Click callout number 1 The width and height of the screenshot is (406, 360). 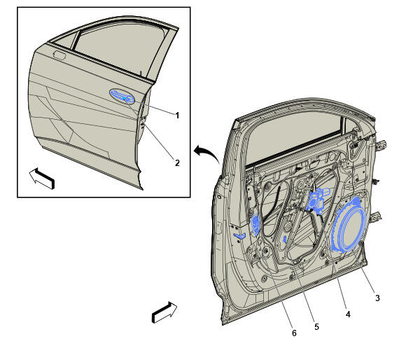[x=177, y=116]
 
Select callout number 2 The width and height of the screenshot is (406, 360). [x=177, y=163]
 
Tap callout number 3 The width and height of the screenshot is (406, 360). [x=377, y=298]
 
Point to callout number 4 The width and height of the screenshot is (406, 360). [x=348, y=314]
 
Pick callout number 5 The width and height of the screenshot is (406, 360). [x=316, y=327]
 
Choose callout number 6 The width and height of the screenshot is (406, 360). [x=294, y=333]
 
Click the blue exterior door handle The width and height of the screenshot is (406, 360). [x=122, y=97]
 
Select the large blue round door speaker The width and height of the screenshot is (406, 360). [x=349, y=224]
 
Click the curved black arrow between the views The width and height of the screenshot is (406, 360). [x=207, y=153]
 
